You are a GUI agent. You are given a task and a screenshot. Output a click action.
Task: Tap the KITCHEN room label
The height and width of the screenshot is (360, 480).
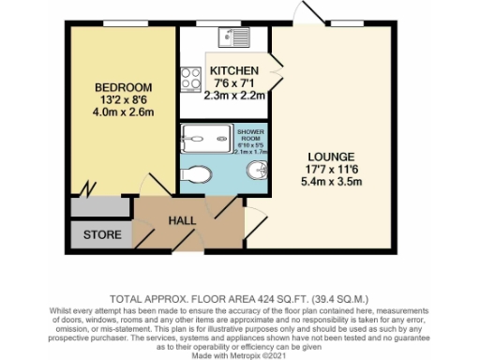click(x=234, y=71)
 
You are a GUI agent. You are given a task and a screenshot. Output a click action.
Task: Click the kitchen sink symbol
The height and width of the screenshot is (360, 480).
click(x=232, y=38)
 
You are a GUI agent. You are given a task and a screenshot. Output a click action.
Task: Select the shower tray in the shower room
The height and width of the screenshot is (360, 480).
click(x=198, y=139)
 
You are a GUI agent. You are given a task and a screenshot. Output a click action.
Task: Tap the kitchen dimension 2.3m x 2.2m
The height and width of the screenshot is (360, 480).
click(x=234, y=94)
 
